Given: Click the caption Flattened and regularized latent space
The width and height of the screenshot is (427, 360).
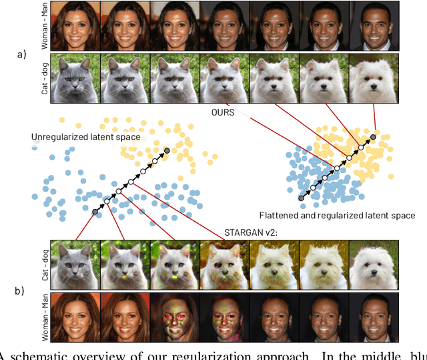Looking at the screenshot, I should click(x=338, y=216).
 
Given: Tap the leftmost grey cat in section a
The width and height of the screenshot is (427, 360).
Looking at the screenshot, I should click(x=75, y=79).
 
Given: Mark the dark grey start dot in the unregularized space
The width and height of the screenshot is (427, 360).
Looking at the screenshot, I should click(x=95, y=211).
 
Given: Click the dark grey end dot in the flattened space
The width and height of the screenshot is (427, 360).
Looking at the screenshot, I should click(x=372, y=137).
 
